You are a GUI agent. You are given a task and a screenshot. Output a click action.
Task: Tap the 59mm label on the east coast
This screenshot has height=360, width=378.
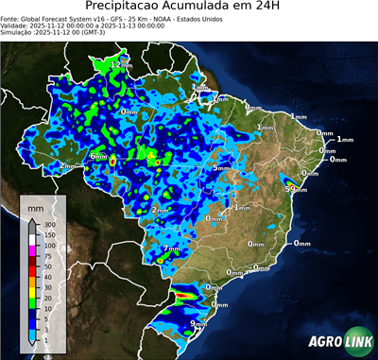pos(297,189)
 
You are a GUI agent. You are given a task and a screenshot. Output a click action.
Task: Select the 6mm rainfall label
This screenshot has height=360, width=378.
pos(98,156)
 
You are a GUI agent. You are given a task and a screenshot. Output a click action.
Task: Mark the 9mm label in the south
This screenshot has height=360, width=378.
pos(198,324)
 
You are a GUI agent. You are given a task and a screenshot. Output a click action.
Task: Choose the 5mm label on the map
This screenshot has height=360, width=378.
pos(221,167)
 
